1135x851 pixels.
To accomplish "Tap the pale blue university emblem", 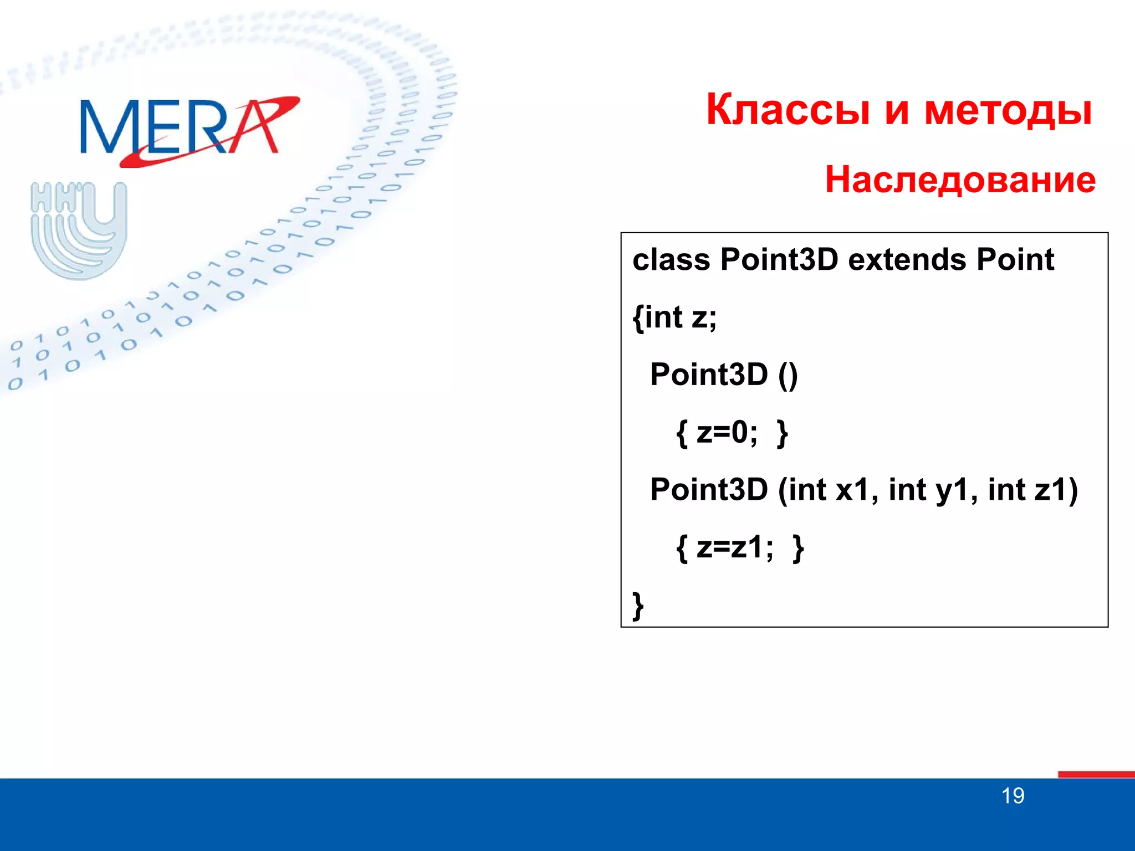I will [79, 230].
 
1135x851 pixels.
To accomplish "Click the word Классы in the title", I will [788, 110].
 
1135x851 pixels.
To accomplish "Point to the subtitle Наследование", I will [960, 180].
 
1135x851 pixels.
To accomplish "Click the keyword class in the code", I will [671, 259].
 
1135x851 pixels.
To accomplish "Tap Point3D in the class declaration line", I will [779, 259].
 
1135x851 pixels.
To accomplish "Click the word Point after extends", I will [1015, 259].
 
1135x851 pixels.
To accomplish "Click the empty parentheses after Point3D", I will [788, 375].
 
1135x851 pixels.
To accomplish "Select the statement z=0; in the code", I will [727, 432].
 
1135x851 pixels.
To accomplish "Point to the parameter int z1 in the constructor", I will [1029, 490].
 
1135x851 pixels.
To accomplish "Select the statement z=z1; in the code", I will [735, 547].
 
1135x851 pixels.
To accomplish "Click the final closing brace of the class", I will [638, 605].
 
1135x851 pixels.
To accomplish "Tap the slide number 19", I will [1013, 796].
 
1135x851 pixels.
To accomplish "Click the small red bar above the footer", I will [1096, 774].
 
